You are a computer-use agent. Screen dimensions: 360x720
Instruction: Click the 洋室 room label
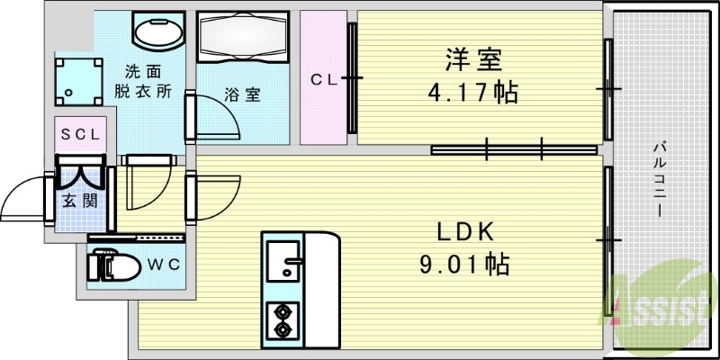[472, 60]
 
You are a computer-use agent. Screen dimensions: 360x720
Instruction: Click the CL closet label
[323, 79]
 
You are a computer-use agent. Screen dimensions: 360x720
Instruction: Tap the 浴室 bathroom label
[241, 94]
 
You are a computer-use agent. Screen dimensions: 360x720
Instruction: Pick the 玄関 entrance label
[79, 200]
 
